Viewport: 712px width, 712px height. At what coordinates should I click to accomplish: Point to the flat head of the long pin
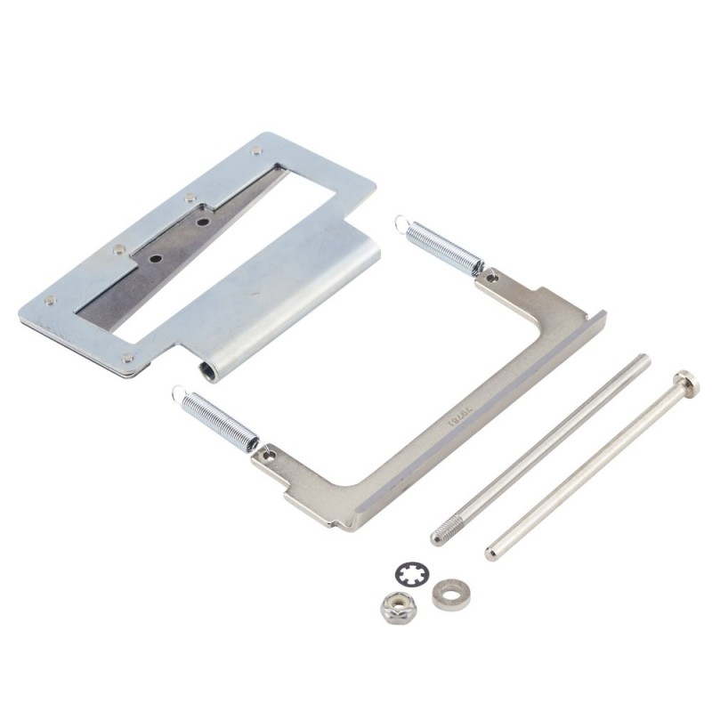(686, 381)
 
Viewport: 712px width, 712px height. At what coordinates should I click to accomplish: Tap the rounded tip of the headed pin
(491, 553)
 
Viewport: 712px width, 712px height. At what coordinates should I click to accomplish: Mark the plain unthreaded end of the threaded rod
(642, 360)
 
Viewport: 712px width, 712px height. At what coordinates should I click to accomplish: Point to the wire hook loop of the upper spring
(403, 222)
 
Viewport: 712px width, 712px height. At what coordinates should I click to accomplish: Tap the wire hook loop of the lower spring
(179, 392)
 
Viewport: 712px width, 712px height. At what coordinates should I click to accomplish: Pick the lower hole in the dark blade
(157, 259)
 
